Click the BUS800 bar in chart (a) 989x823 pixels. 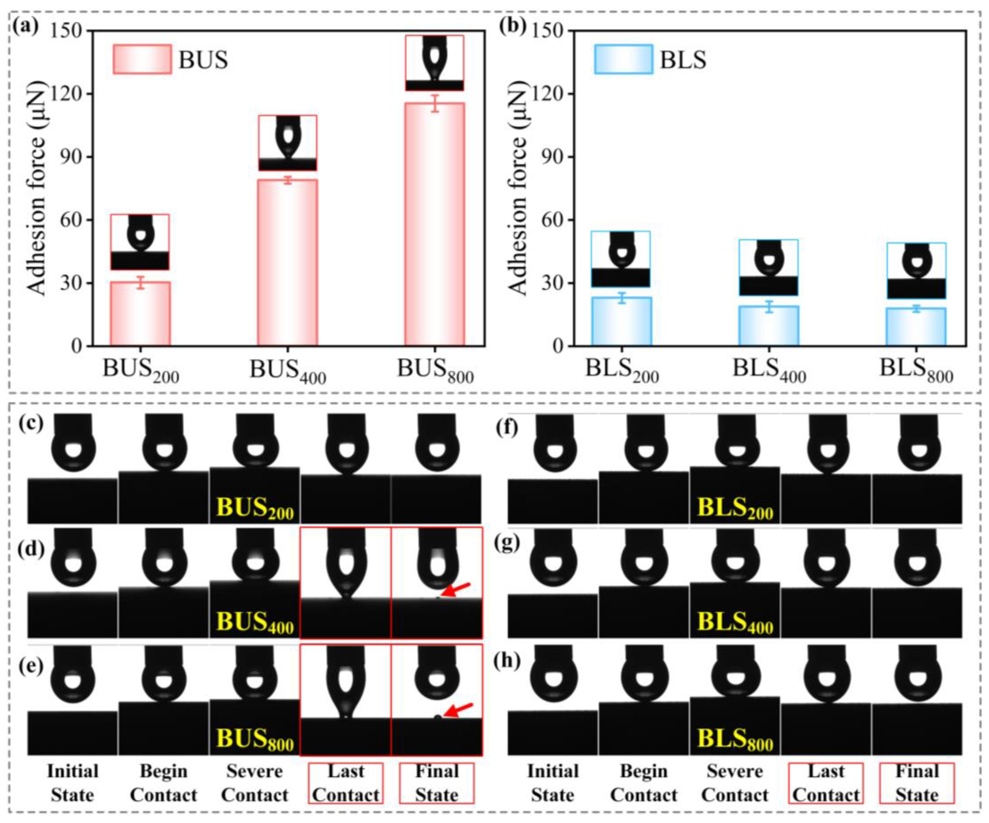pos(435,226)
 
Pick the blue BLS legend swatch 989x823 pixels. pos(623,59)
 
